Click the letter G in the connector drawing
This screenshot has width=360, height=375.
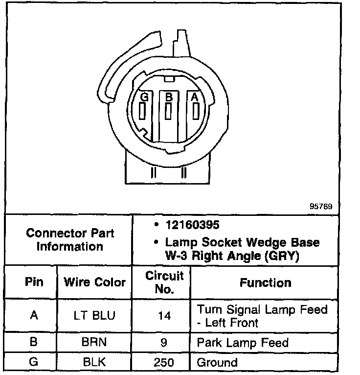(x=144, y=97)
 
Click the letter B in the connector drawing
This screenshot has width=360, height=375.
(x=169, y=97)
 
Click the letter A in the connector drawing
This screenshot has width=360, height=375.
(x=195, y=97)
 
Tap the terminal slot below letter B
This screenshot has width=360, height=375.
(x=168, y=111)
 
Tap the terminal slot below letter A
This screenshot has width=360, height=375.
(x=195, y=111)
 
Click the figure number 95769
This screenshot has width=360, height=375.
(x=321, y=207)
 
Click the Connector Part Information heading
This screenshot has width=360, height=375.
(x=69, y=239)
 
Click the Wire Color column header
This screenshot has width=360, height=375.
(x=95, y=282)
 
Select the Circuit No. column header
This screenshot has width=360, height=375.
(x=164, y=282)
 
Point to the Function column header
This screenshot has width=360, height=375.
(x=265, y=282)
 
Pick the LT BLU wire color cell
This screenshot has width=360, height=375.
(x=95, y=316)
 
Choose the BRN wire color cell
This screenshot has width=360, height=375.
(x=95, y=342)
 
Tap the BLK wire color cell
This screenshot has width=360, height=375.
(x=95, y=363)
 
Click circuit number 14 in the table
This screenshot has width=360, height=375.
(x=164, y=316)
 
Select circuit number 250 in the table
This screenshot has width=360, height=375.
(x=164, y=363)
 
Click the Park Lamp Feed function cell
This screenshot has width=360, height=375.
(x=243, y=342)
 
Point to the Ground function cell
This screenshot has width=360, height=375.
(x=217, y=363)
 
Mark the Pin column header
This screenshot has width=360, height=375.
(x=33, y=282)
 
